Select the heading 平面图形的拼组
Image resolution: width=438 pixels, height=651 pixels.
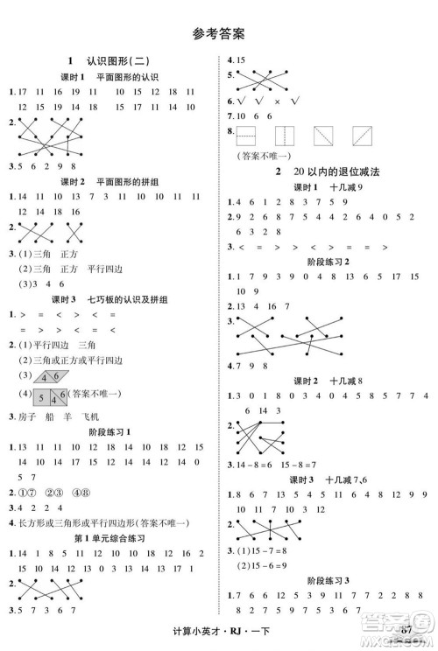point(127,181)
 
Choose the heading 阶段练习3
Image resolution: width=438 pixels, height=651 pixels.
point(327,581)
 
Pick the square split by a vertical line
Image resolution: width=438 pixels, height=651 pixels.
point(286,135)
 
